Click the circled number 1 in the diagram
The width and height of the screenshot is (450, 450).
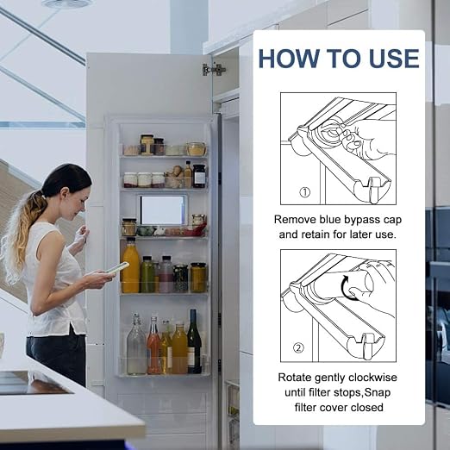pyautogui.click(x=305, y=192)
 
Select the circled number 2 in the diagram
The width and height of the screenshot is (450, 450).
pyautogui.click(x=298, y=348)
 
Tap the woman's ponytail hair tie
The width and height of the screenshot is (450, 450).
pyautogui.click(x=43, y=197)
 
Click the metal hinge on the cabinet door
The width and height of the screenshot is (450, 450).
pyautogui.click(x=214, y=70)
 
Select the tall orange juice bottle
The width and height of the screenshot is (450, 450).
pyautogui.click(x=131, y=265)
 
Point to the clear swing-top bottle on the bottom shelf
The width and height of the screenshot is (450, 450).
pyautogui.click(x=136, y=344)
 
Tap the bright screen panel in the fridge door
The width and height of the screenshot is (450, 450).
pyautogui.click(x=162, y=210)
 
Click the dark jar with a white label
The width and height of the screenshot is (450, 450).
pyautogui.click(x=199, y=176)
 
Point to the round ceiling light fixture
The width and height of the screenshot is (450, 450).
pyautogui.click(x=67, y=3)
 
